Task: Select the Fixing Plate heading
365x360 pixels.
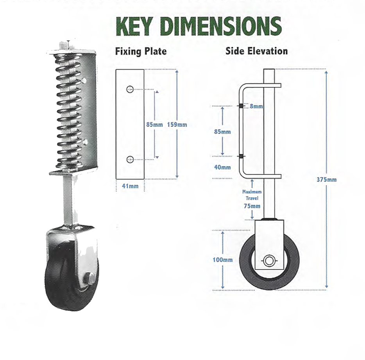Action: tap(141, 51)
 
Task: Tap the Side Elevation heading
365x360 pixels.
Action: tap(256, 51)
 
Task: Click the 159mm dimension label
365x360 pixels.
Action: tap(177, 125)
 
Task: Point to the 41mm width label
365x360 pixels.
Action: tap(130, 186)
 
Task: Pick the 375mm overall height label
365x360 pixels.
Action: tap(327, 180)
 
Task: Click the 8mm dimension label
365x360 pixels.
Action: tap(256, 106)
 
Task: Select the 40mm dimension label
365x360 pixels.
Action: tap(223, 167)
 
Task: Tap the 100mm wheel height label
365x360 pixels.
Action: tap(223, 260)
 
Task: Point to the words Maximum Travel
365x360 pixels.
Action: tap(252, 195)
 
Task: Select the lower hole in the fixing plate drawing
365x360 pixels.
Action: tap(130, 159)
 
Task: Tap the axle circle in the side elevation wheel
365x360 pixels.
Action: tap(269, 261)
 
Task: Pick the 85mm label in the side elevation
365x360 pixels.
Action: tap(222, 132)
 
